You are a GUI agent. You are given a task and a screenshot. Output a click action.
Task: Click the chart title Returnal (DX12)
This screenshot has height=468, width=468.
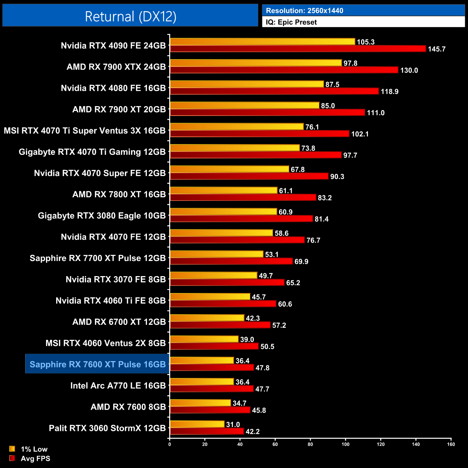coord(130,17)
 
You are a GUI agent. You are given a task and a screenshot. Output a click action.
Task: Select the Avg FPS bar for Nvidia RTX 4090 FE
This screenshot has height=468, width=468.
coord(298,49)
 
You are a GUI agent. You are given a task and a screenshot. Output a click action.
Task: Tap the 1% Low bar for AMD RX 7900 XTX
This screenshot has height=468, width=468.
coord(256,63)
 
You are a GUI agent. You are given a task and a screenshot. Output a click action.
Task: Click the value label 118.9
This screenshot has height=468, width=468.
coord(390,91)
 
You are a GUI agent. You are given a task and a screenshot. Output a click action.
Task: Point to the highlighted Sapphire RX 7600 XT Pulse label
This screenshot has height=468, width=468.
coord(98,364)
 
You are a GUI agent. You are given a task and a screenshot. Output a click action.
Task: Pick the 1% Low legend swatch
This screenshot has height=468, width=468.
coord(12,449)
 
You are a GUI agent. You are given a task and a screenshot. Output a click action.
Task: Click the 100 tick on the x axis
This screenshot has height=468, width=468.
coord(345,444)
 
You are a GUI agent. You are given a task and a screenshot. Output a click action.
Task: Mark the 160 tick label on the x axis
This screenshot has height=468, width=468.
coord(451,444)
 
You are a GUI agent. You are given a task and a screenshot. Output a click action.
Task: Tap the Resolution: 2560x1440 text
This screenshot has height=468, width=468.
coord(305,11)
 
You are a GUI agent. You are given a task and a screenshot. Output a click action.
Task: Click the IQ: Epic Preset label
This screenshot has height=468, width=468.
coord(291,22)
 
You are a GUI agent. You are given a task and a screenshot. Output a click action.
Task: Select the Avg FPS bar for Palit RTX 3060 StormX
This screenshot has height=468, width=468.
coord(207,431)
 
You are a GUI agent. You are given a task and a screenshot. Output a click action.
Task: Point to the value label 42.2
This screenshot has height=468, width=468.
coord(252,431)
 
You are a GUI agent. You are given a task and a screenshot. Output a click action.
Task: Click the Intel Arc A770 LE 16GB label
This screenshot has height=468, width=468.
coord(118,386)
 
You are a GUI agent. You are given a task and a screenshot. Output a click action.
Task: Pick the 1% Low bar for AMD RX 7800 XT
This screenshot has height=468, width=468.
coord(223,190)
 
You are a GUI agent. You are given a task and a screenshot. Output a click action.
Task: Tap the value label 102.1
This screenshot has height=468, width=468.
coord(360,134)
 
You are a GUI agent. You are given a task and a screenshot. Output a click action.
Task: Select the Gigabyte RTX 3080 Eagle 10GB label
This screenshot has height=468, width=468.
coord(102,216)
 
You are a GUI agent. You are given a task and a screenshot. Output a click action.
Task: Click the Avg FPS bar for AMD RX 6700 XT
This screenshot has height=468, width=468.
coord(220,325)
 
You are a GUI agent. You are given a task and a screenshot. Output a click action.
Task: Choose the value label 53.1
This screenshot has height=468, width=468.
coord(272,255)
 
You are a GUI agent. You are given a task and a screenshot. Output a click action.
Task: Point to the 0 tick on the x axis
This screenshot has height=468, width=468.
coord(170,444)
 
